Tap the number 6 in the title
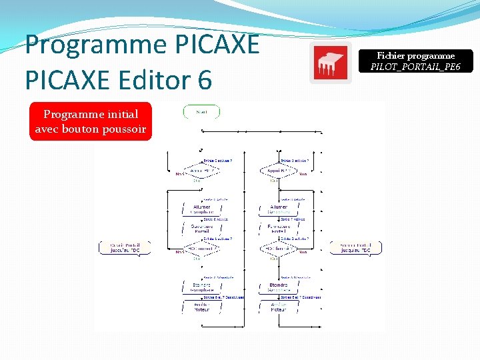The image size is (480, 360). coord(204,81)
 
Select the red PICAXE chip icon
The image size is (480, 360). coord(330,63)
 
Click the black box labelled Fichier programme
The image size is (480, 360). coord(415,61)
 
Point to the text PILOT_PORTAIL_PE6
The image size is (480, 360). coord(415,67)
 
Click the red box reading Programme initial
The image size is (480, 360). coord(91,122)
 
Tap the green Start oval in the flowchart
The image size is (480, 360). coord(201,112)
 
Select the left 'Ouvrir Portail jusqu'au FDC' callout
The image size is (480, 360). coord(125,247)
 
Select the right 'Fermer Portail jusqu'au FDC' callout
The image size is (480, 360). coord(356,247)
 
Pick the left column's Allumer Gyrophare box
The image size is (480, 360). coord(201,209)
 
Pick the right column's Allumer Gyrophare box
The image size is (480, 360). coord(279,209)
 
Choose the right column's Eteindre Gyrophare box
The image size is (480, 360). coord(279,287)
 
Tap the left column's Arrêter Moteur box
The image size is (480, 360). coord(201,307)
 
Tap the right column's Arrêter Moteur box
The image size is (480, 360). coord(279,307)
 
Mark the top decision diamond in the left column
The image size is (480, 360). coord(201,171)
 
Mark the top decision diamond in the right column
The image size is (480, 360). coord(279,171)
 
